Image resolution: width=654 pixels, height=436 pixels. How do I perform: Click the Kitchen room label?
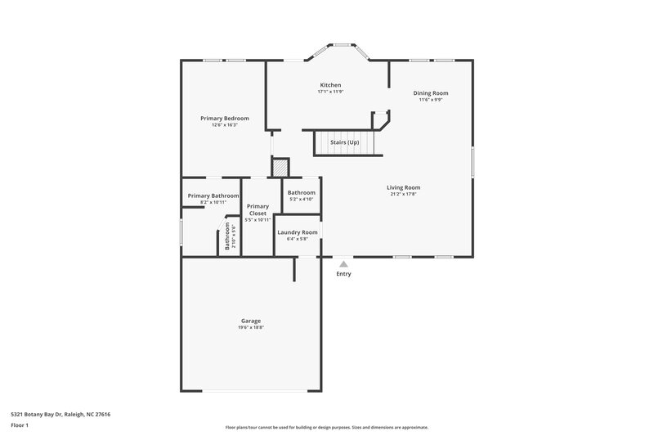pyautogui.click(x=330, y=85)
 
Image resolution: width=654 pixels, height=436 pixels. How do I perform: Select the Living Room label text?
pyautogui.click(x=403, y=187)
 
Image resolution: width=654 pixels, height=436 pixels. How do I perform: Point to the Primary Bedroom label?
pyautogui.click(x=225, y=119)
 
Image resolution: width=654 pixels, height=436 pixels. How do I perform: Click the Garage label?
pyautogui.click(x=250, y=321)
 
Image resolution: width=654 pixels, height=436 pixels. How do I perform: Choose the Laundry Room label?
pyautogui.click(x=298, y=232)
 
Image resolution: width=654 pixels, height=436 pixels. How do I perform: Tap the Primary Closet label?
pyautogui.click(x=258, y=210)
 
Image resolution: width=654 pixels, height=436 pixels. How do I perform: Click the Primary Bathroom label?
pyautogui.click(x=213, y=196)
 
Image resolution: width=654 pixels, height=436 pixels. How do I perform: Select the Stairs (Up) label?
pyautogui.click(x=344, y=142)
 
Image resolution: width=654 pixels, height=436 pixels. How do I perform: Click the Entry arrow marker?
pyautogui.click(x=343, y=263)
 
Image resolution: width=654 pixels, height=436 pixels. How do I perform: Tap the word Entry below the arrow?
pyautogui.click(x=343, y=274)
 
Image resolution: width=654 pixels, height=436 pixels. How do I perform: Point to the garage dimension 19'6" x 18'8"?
pyautogui.click(x=250, y=328)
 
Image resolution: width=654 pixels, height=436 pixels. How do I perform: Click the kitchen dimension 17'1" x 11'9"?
pyautogui.click(x=330, y=92)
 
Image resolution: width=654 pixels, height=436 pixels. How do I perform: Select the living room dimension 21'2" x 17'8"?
pyautogui.click(x=403, y=195)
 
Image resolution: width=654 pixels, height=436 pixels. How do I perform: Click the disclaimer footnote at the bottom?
pyautogui.click(x=326, y=427)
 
